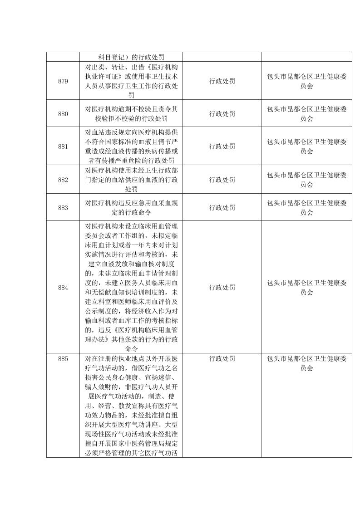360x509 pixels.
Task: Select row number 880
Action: [x=63, y=114]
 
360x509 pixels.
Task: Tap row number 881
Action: [x=63, y=147]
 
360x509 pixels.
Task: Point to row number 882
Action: [x=63, y=180]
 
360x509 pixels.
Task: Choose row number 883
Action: [x=63, y=208]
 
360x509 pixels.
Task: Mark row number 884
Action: [x=63, y=287]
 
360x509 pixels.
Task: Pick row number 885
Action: [x=63, y=359]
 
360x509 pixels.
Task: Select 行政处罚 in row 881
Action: [x=222, y=147]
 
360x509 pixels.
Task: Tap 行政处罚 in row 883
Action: [x=222, y=208]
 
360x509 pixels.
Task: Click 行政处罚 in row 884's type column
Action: [x=222, y=287]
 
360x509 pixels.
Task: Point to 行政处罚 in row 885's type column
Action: [x=222, y=359]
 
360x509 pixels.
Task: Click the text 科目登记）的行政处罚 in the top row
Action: [x=131, y=57]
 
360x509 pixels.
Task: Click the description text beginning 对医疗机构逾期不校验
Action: [x=131, y=114]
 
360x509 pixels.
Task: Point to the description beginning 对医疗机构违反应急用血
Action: [x=131, y=208]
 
